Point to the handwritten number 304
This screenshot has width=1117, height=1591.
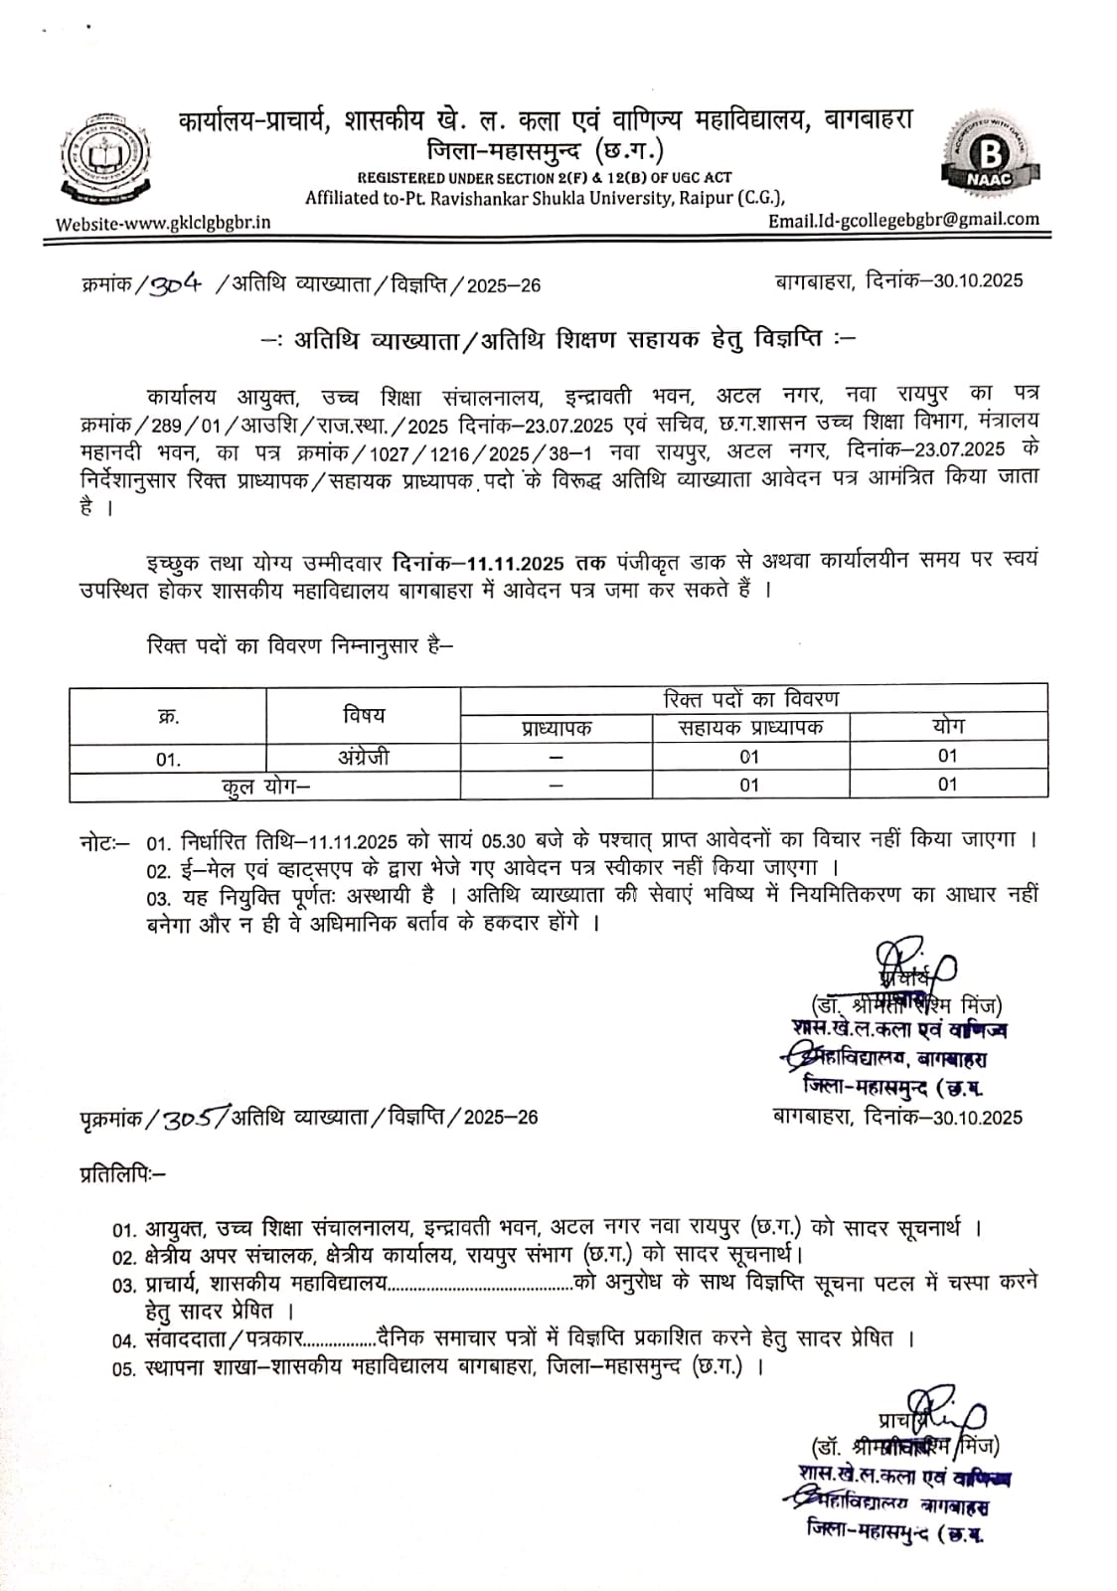[x=175, y=283]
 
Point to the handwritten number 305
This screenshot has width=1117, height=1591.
[x=192, y=1117]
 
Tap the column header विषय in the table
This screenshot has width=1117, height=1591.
[x=363, y=714]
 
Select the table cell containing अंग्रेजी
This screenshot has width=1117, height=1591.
[x=363, y=757]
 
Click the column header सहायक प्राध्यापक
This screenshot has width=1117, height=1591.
[x=750, y=728]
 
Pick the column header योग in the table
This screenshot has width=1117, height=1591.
[x=948, y=727]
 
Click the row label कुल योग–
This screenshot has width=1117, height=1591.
[x=265, y=786]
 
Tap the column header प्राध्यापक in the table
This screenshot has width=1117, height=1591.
[x=556, y=728]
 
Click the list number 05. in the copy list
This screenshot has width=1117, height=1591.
[x=123, y=1369]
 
